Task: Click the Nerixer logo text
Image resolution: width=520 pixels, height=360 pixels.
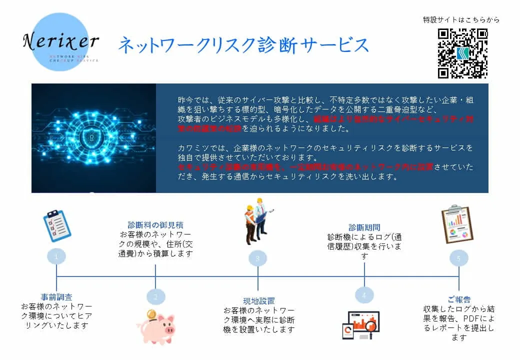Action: pyautogui.click(x=60, y=41)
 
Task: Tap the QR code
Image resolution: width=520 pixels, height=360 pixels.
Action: pyautogui.click(x=462, y=53)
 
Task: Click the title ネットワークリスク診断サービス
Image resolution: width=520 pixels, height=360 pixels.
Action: pyautogui.click(x=243, y=45)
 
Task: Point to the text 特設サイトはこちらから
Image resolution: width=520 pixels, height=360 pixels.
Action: pyautogui.click(x=461, y=20)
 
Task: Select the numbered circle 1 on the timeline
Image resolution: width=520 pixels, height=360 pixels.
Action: pyautogui.click(x=56, y=257)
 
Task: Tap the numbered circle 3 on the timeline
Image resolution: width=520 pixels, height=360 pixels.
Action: pyautogui.click(x=258, y=258)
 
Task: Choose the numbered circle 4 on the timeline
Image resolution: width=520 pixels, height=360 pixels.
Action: pyautogui.click(x=364, y=295)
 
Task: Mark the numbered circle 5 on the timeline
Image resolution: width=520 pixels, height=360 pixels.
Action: pyautogui.click(x=458, y=258)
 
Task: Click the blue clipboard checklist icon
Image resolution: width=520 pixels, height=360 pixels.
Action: pyautogui.click(x=57, y=225)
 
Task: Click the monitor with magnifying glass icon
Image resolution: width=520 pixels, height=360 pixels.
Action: pyautogui.click(x=361, y=325)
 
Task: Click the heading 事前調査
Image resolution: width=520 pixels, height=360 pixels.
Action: pyautogui.click(x=56, y=297)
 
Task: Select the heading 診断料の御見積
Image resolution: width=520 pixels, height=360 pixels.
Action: pyautogui.click(x=155, y=225)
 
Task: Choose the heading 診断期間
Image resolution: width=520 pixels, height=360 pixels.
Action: pyautogui.click(x=364, y=227)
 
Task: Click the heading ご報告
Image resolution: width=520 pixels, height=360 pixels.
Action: pyautogui.click(x=458, y=299)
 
